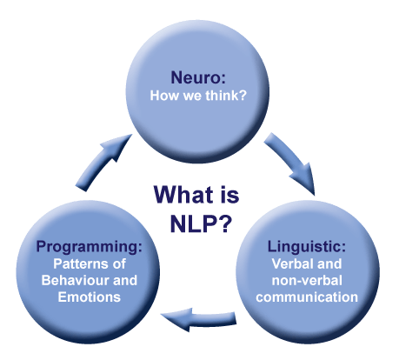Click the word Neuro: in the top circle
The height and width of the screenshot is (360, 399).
tap(198, 77)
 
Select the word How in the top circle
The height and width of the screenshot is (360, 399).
tap(164, 96)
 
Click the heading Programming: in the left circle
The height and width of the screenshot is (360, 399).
tap(90, 247)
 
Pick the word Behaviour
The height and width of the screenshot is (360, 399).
tap(75, 280)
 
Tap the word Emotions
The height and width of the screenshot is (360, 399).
tap(90, 297)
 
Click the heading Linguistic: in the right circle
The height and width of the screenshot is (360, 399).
tap(307, 247)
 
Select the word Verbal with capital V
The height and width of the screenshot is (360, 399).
tap(292, 263)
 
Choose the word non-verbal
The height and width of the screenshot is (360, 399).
tap(307, 280)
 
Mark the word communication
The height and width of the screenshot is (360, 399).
tap(307, 297)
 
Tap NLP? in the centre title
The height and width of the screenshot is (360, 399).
tap(201, 223)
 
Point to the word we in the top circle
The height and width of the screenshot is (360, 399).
tap(192, 97)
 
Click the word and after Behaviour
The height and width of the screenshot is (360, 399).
tap(125, 280)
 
